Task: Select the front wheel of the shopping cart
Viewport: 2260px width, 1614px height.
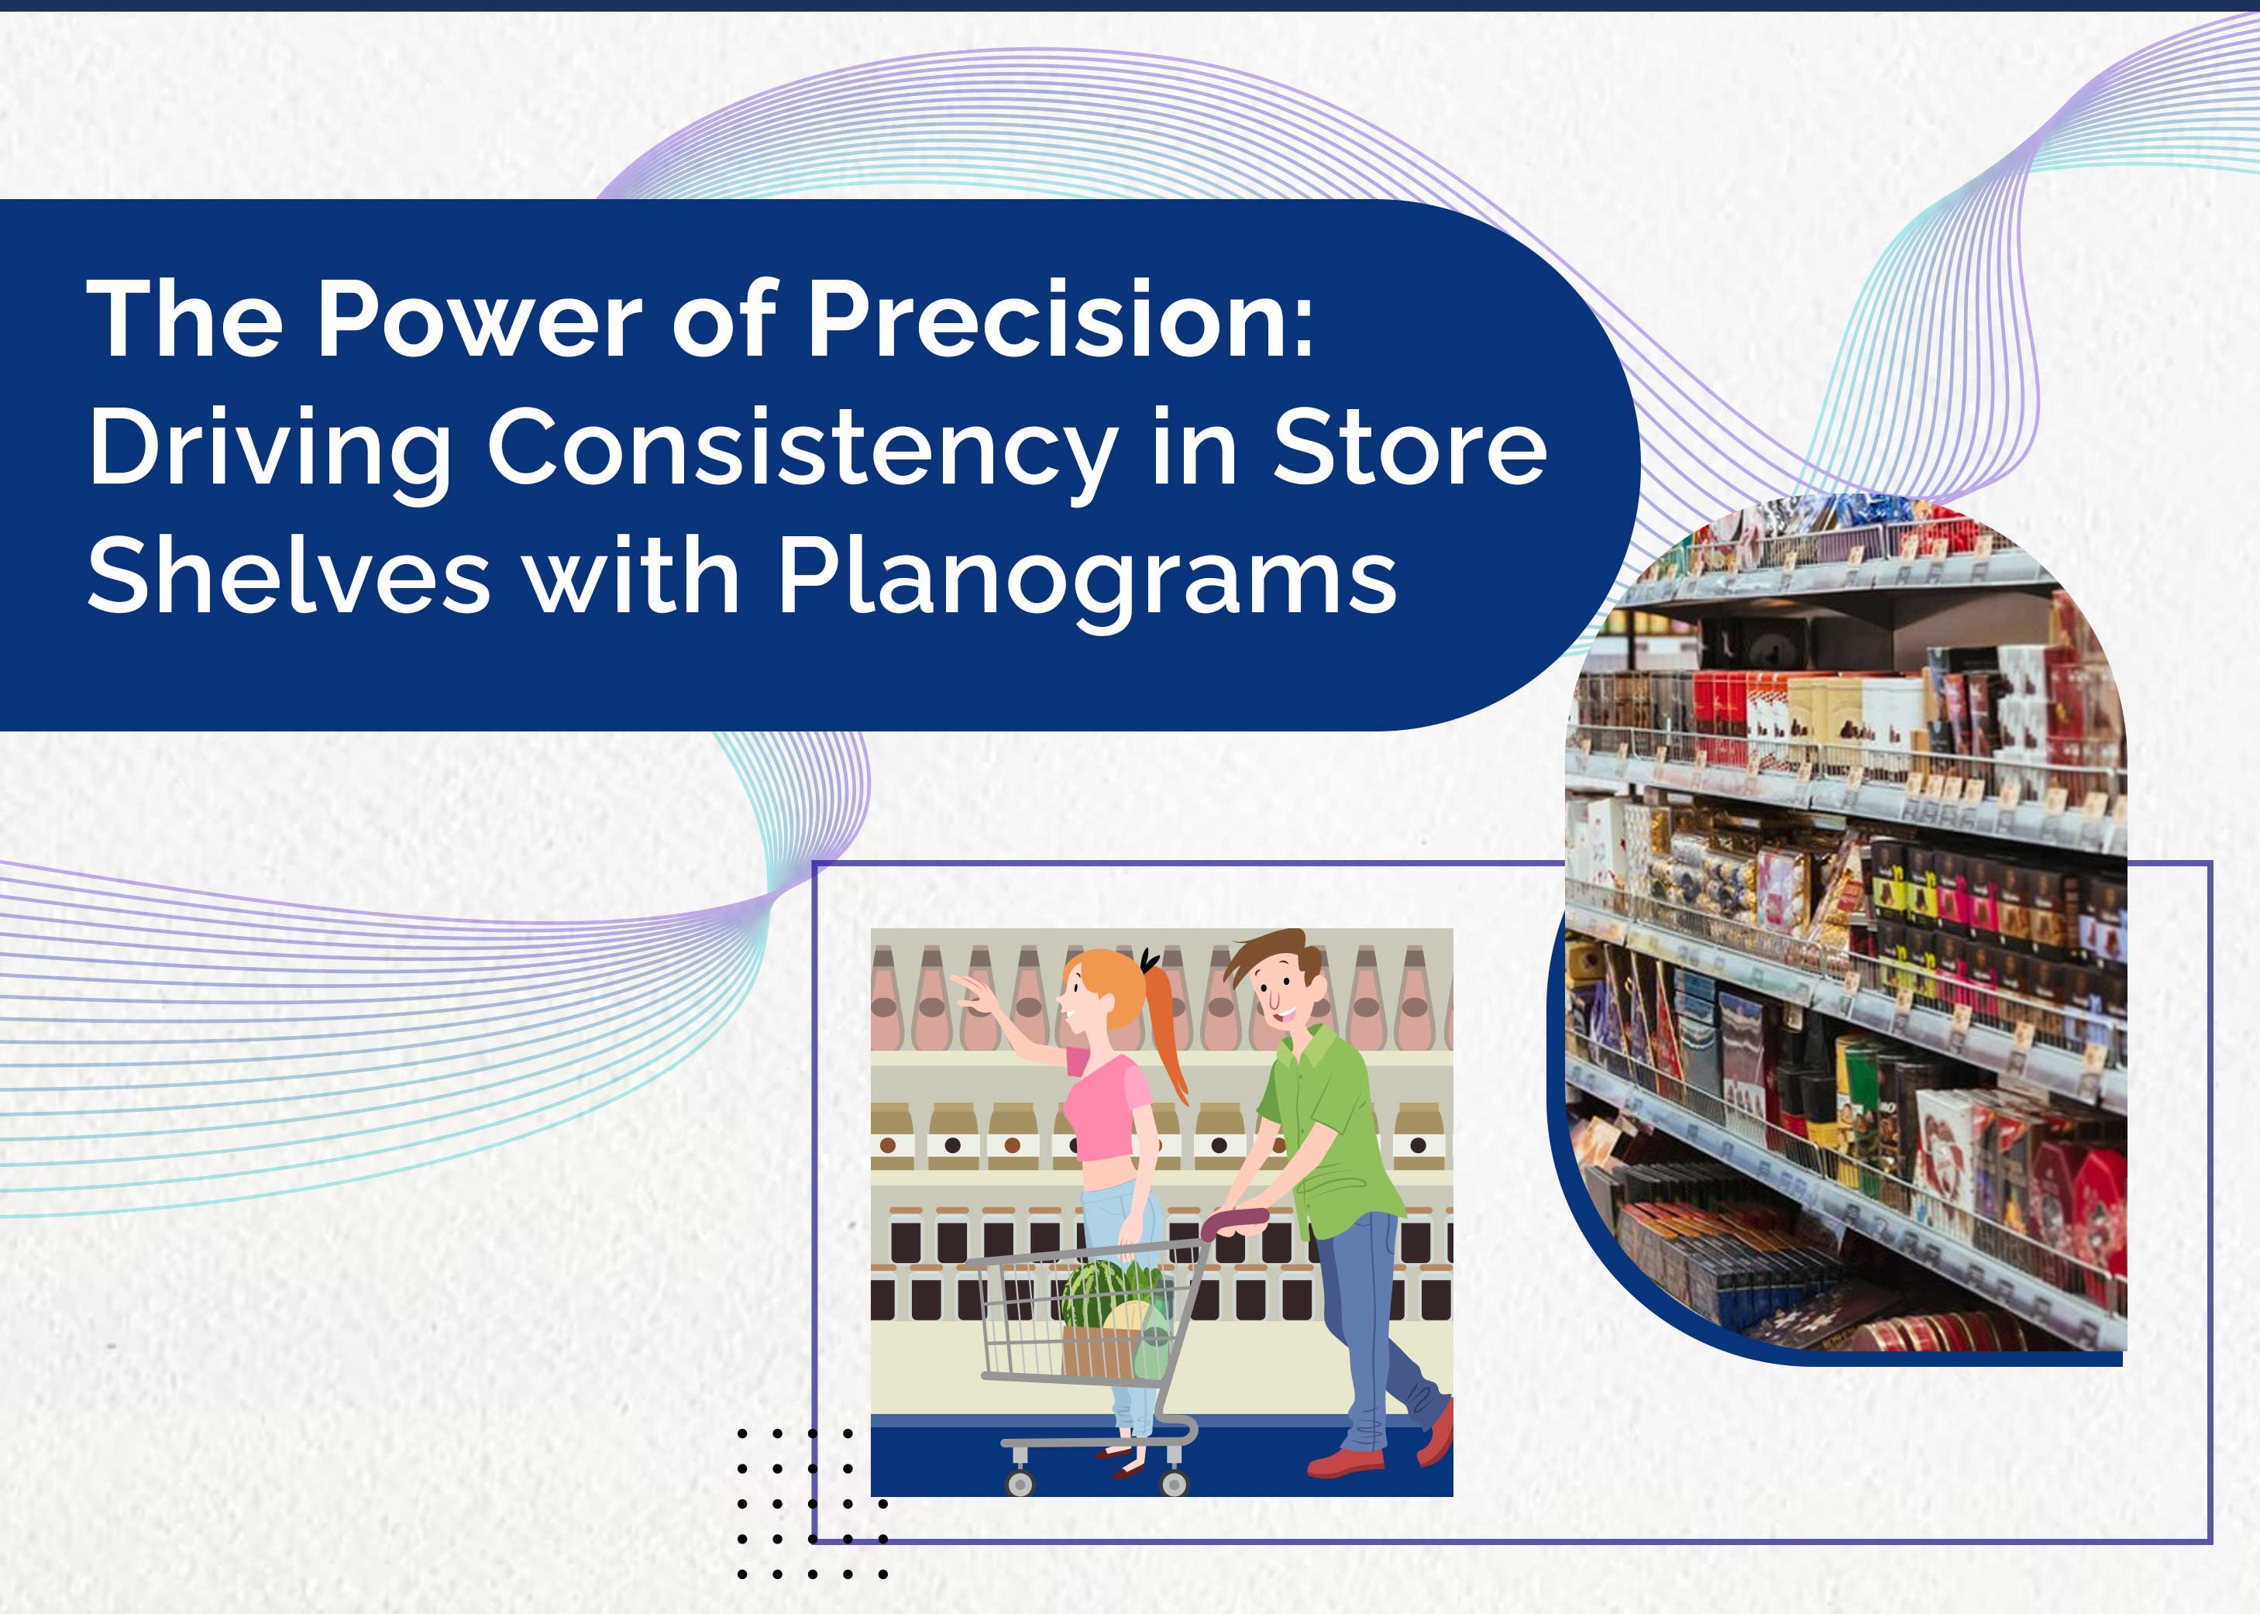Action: click(1020, 1483)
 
